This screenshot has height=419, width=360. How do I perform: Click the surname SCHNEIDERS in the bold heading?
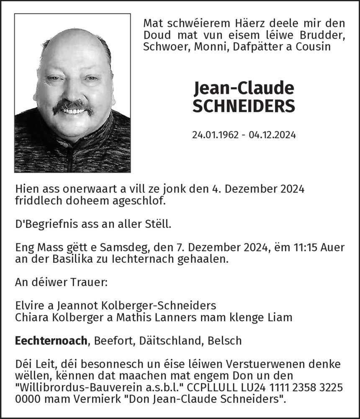(244, 106)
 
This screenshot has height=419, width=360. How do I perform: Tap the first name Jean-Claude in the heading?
(244, 88)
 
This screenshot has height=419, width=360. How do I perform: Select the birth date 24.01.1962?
(214, 135)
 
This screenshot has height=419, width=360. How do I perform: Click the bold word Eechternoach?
(51, 341)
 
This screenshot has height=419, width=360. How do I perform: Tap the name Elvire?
(30, 305)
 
